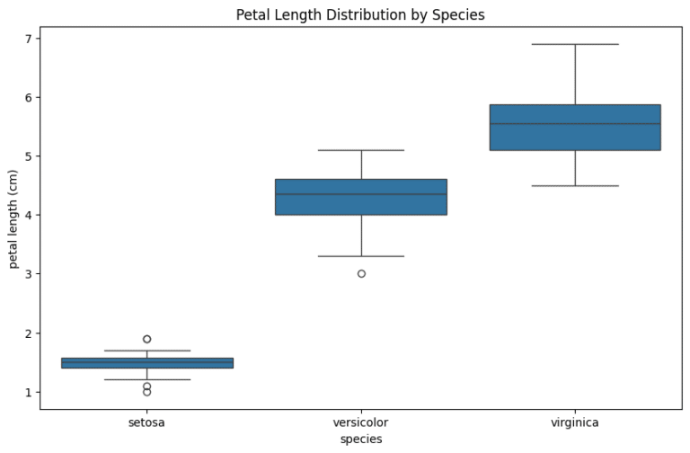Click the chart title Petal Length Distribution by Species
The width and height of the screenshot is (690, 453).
click(x=360, y=14)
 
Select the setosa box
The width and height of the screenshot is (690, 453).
click(x=147, y=363)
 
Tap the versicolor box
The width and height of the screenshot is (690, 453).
click(x=361, y=197)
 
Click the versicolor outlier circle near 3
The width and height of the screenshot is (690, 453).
click(x=361, y=273)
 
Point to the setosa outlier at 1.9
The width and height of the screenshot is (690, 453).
click(x=147, y=339)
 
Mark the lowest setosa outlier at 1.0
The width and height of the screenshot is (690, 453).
click(x=147, y=392)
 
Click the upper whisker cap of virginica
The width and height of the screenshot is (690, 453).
click(x=575, y=44)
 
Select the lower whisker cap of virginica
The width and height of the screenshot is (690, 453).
click(x=575, y=185)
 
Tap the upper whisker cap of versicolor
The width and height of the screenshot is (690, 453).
click(x=361, y=150)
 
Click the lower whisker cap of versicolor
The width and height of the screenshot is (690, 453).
click(x=361, y=256)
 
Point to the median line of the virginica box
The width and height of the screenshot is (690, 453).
click(x=575, y=123)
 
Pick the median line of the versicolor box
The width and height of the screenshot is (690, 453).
click(x=361, y=194)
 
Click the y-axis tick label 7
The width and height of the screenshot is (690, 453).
click(x=28, y=39)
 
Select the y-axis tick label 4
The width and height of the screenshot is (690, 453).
click(x=28, y=215)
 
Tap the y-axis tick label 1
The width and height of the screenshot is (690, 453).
click(x=28, y=392)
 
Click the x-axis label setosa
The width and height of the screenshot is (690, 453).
click(x=147, y=422)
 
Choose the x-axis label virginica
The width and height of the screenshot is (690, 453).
click(x=575, y=422)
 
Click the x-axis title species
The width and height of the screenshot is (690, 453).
click(x=361, y=440)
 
